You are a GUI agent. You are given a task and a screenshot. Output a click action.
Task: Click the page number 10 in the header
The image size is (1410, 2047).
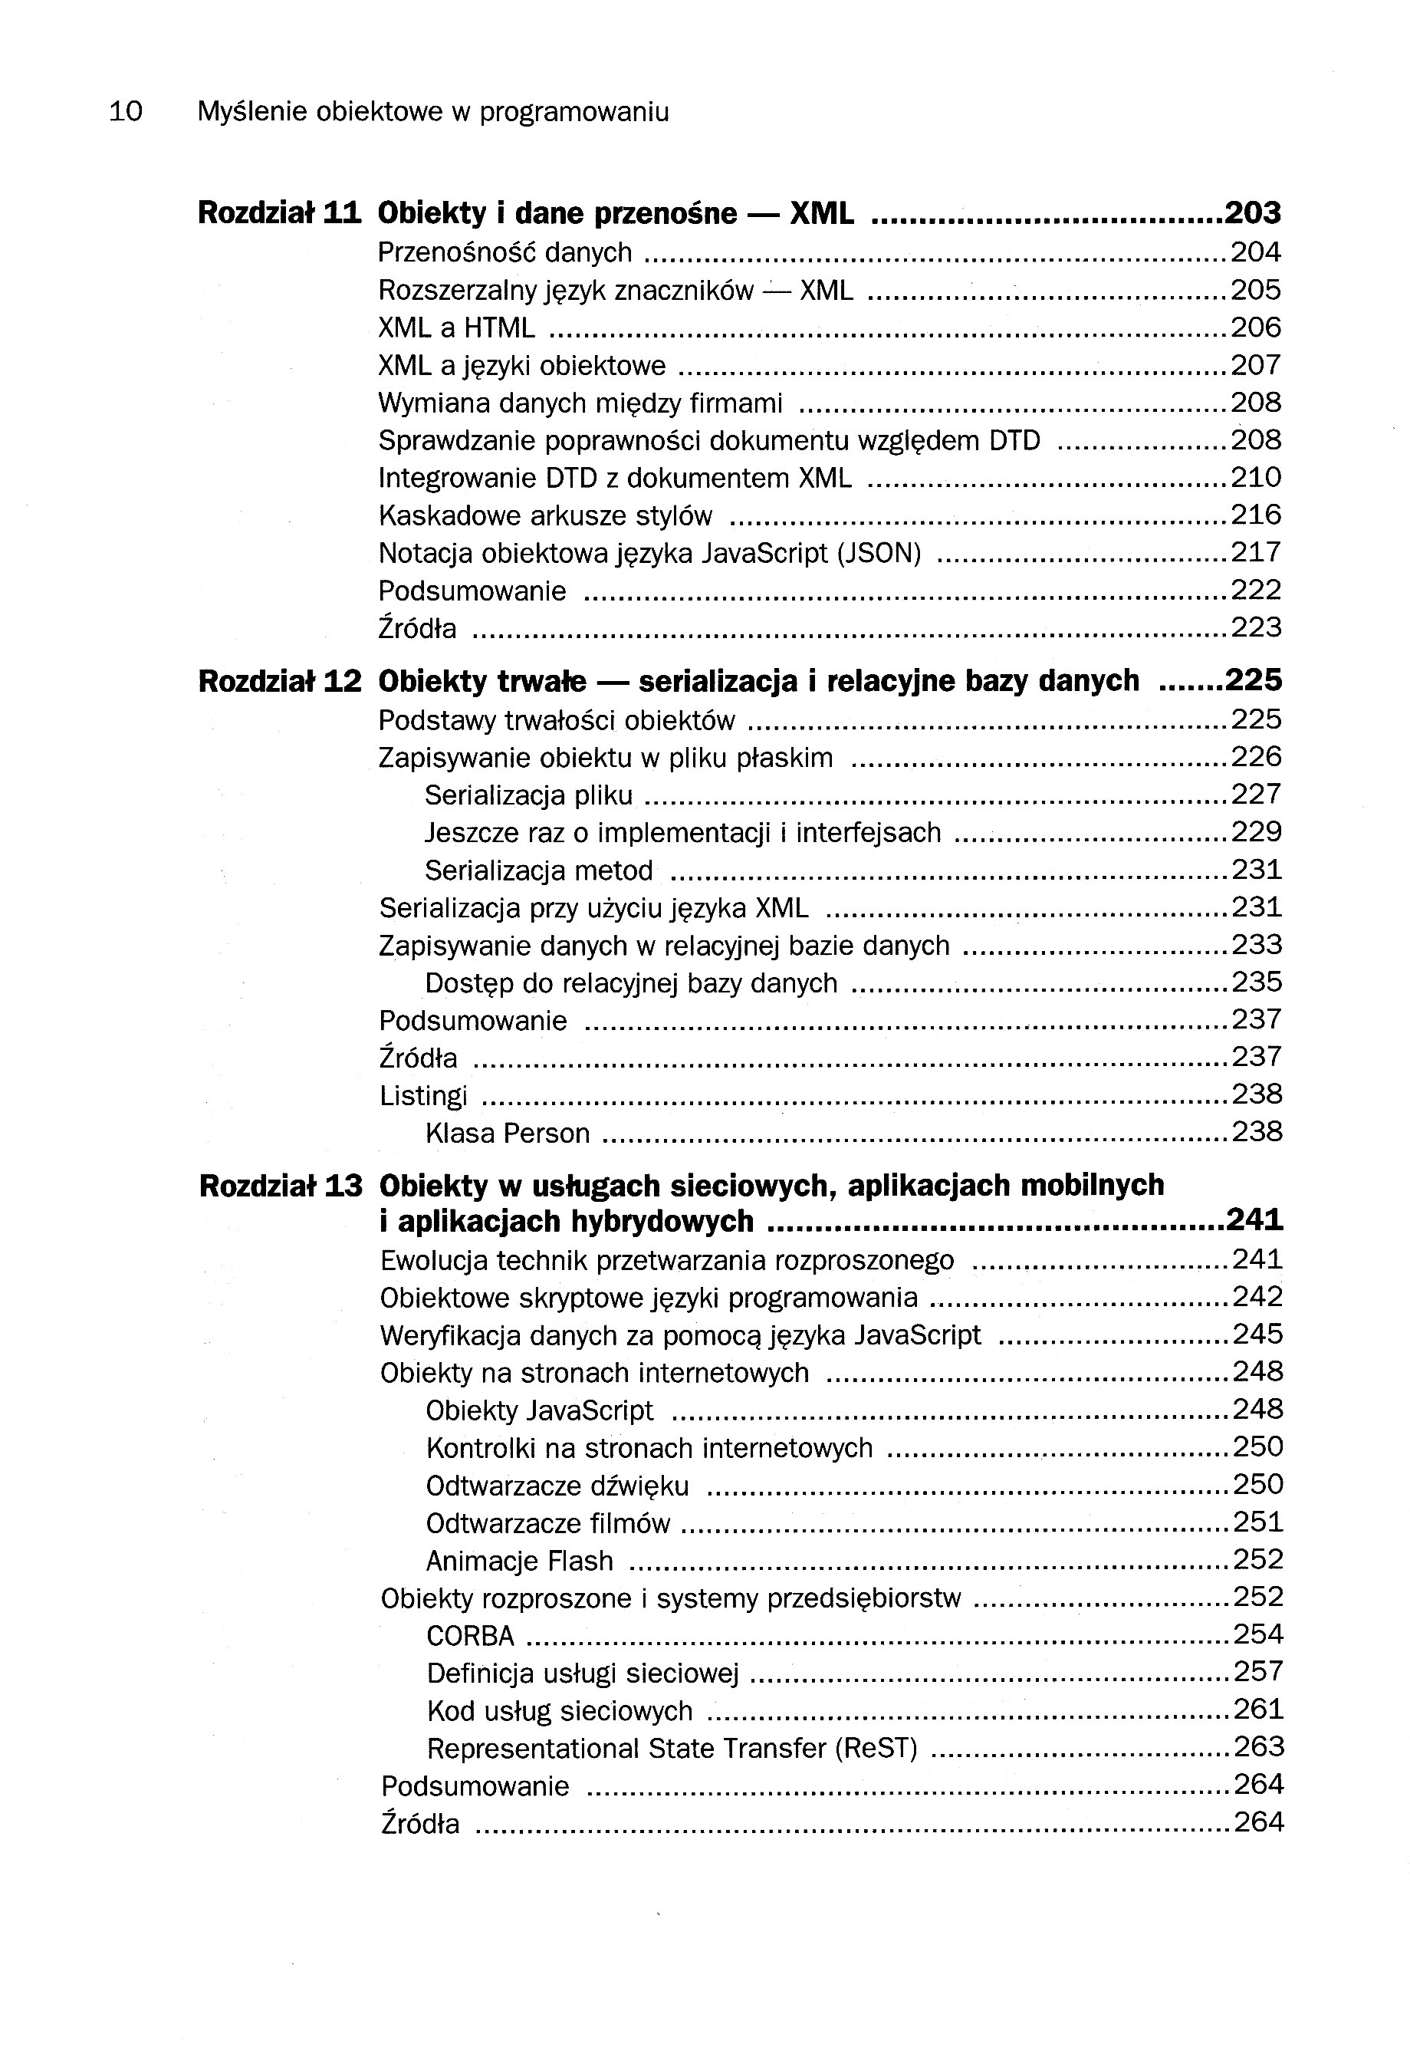tap(126, 112)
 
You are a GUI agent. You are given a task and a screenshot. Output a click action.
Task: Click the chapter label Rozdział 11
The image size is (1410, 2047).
tap(280, 213)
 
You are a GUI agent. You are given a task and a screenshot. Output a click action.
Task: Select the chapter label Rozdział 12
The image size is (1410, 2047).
tap(280, 681)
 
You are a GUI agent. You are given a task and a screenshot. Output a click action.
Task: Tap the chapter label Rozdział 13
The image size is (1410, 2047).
tap(281, 1186)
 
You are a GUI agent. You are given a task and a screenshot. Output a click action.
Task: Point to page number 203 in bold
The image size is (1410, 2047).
tap(1253, 213)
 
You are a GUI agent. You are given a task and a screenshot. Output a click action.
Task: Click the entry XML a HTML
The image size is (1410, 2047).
tap(456, 327)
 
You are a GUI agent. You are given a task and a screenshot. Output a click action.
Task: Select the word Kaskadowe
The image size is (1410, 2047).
tap(440, 515)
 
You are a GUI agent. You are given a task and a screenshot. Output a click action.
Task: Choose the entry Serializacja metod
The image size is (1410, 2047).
tap(539, 871)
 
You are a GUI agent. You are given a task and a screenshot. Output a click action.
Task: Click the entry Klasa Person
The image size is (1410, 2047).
tap(507, 1134)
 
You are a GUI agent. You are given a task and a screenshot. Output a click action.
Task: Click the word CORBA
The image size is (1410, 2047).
tap(470, 1636)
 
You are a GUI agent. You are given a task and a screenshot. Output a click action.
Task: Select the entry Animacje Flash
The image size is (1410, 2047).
tap(520, 1561)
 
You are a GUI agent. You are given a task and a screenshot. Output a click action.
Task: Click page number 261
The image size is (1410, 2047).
tap(1258, 1710)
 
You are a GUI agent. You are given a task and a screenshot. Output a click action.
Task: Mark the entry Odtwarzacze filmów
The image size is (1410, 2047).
tap(547, 1524)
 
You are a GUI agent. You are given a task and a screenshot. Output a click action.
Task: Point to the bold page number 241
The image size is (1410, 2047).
tap(1254, 1221)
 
